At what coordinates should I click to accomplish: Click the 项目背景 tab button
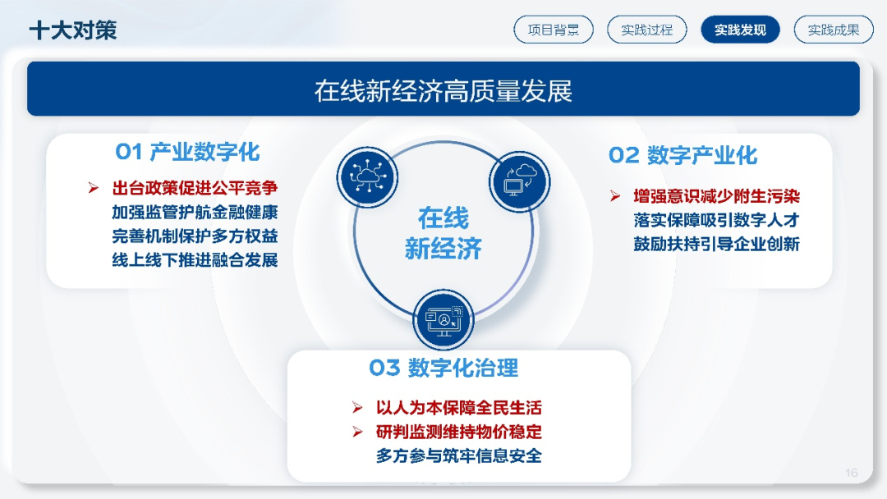coord(554,30)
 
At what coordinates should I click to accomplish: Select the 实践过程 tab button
coord(646,30)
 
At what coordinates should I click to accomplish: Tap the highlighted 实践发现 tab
coord(740,30)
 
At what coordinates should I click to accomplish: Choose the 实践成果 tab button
coord(834,30)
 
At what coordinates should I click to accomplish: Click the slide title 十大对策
coord(73,30)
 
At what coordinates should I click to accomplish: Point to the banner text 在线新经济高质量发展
coord(443,91)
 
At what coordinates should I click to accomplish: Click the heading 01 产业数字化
coord(187,152)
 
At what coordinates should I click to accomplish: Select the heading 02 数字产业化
coord(682,155)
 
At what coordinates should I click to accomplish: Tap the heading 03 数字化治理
coord(443,368)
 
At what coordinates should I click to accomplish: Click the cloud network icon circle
coord(367,177)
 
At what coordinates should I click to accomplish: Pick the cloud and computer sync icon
coord(519,181)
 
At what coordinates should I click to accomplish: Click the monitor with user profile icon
coord(443,320)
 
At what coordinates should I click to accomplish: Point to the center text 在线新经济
coord(443,233)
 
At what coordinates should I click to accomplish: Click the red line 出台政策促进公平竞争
coord(195,188)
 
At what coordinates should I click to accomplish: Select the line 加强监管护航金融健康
coord(195,213)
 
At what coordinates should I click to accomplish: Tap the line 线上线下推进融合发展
coord(195,260)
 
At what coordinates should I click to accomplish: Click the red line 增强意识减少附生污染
coord(716,197)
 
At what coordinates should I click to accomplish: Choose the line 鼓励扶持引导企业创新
coord(716,244)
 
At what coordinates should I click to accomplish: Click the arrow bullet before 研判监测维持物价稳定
coord(357,432)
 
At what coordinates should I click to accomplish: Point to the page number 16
coord(852,473)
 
